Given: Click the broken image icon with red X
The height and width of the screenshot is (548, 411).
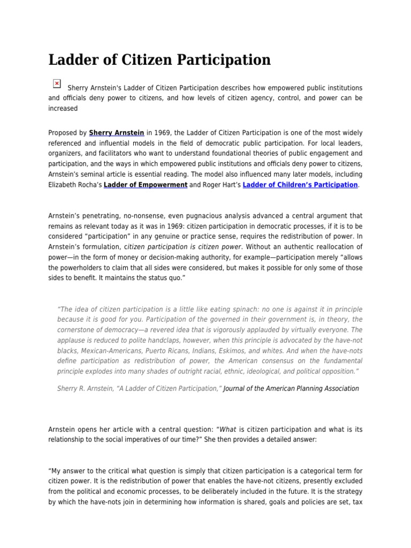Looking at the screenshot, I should pyautogui.click(x=57, y=83).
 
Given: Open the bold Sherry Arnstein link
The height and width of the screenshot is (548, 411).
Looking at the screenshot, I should pyautogui.click(x=116, y=133).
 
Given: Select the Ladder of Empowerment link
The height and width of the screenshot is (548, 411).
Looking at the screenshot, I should pyautogui.click(x=145, y=185).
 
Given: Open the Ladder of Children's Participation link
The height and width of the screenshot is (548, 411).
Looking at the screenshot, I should pyautogui.click(x=300, y=185).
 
